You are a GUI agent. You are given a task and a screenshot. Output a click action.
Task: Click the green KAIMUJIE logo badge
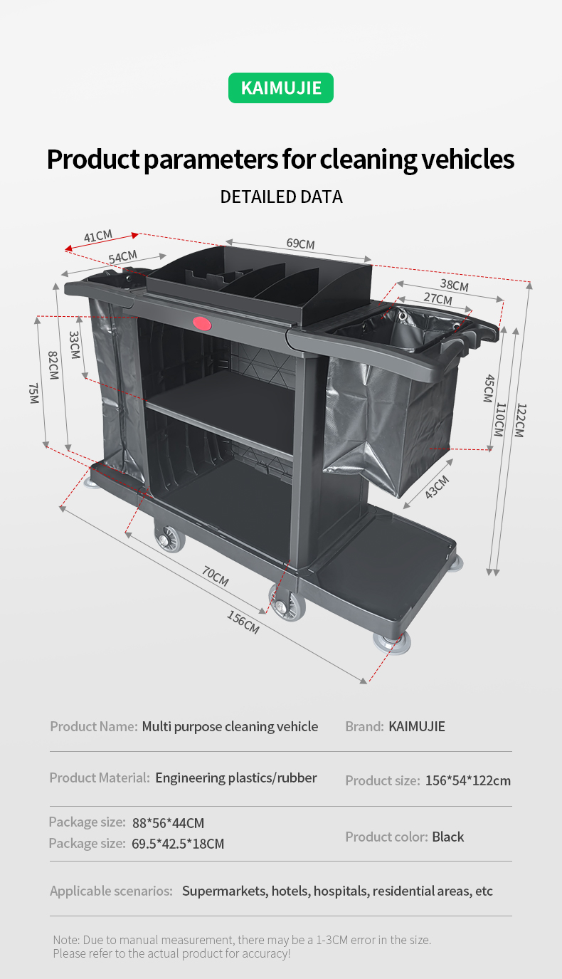(281, 88)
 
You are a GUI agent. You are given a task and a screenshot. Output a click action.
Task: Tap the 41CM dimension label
(98, 236)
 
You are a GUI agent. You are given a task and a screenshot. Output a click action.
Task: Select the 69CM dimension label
(300, 244)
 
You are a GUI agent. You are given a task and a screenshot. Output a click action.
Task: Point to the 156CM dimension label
(243, 622)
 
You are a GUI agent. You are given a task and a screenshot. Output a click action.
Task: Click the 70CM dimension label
(216, 575)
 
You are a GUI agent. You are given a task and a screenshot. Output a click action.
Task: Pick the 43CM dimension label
(437, 487)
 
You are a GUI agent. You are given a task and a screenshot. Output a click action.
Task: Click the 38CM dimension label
(454, 285)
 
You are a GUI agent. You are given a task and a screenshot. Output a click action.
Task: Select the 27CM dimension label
(438, 299)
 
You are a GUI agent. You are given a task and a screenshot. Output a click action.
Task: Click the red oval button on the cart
(202, 323)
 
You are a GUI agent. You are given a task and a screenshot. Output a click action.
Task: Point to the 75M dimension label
(33, 393)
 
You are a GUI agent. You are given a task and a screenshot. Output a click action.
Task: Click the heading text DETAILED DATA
(281, 197)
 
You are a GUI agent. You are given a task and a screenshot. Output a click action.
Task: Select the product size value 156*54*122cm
(467, 780)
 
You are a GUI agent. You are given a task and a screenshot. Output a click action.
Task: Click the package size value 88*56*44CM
(168, 823)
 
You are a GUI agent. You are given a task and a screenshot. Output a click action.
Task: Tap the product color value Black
(448, 837)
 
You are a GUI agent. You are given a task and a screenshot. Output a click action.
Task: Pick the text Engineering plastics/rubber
(235, 778)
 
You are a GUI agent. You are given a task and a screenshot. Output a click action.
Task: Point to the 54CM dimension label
(122, 257)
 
